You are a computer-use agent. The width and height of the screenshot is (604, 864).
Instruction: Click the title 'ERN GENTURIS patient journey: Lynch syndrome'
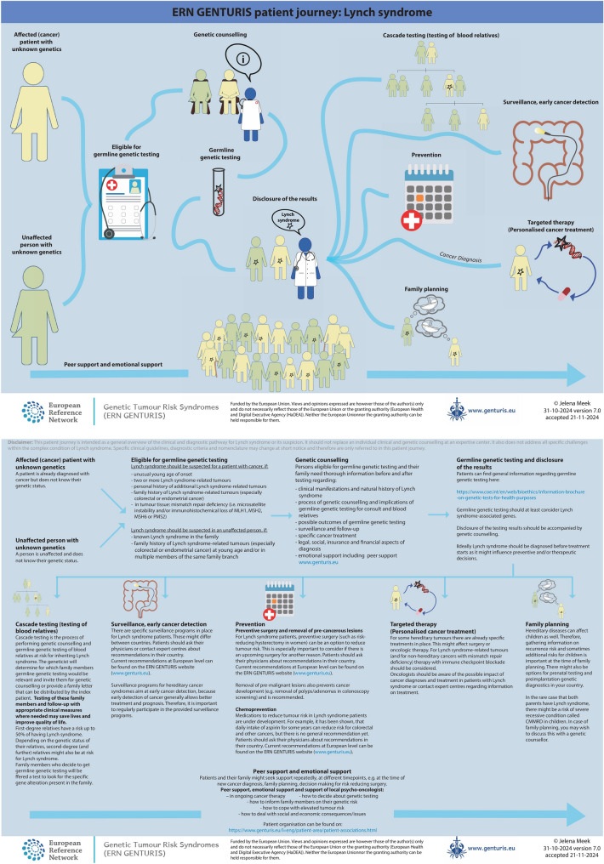tap(302, 14)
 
